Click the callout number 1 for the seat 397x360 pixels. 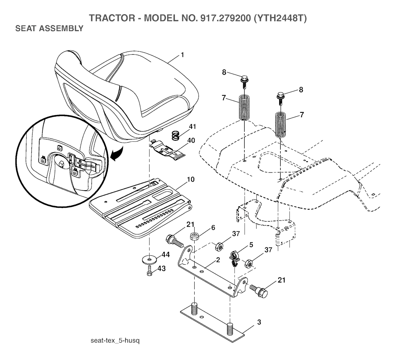(x=182, y=55)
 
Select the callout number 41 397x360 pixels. (x=193, y=127)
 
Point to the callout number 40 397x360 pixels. (x=191, y=140)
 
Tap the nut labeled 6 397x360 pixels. (x=194, y=236)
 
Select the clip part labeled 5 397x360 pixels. (x=234, y=257)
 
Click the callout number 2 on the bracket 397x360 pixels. (x=218, y=260)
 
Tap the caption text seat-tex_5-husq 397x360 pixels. (x=114, y=341)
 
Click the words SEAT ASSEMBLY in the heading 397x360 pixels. (x=48, y=28)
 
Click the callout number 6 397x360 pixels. (x=213, y=227)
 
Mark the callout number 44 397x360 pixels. (x=166, y=255)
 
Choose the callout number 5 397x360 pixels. (x=251, y=245)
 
